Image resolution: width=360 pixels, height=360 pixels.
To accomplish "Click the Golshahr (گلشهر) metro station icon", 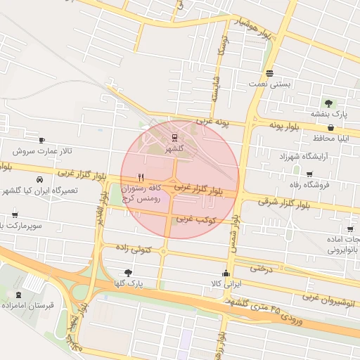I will [174, 137].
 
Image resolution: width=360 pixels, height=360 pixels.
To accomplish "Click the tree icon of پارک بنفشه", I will [329, 103].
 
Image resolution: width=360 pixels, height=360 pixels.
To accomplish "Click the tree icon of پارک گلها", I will [127, 272].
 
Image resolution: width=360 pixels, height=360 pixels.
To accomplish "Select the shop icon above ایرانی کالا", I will [226, 274].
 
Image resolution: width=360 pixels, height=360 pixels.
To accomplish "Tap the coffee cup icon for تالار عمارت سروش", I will [41, 140].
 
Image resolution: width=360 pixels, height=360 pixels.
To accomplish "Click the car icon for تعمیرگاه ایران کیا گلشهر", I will [39, 179].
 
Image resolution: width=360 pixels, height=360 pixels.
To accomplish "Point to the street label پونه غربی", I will [214, 122].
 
